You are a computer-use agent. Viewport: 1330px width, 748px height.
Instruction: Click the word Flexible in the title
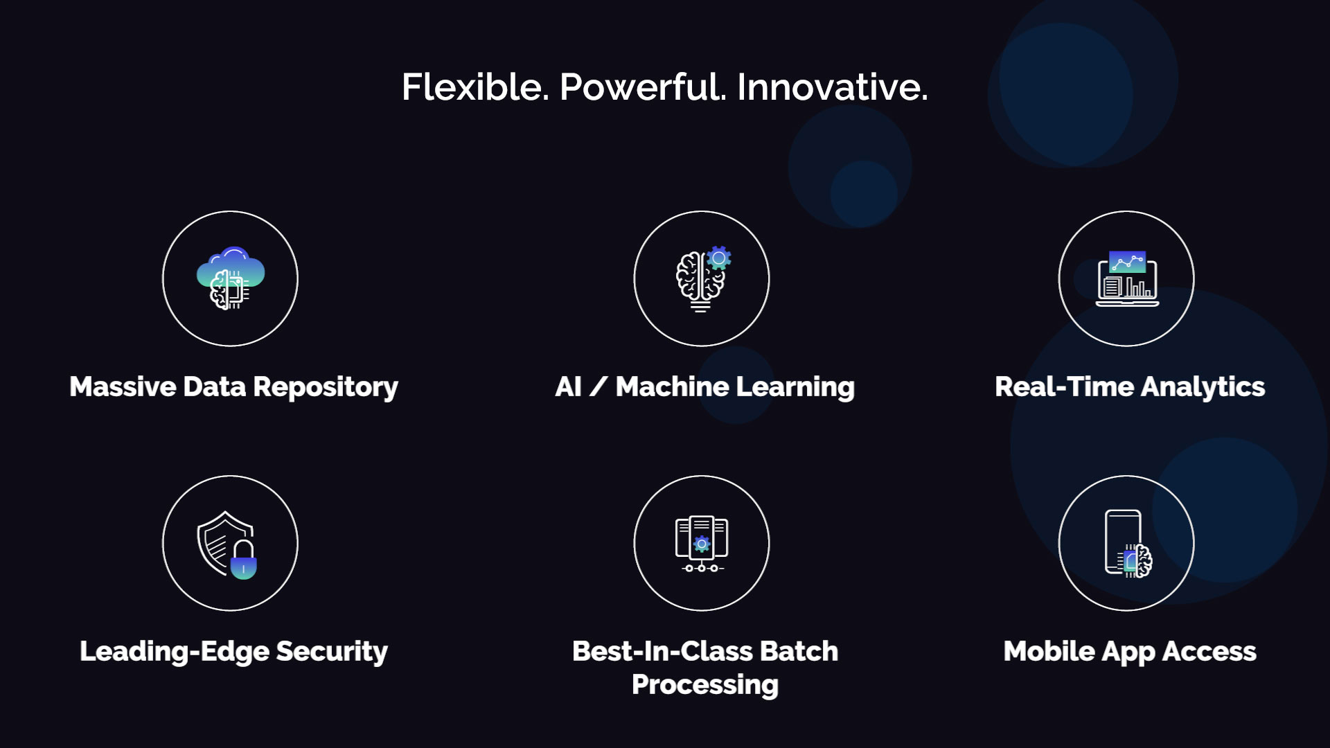(x=475, y=87)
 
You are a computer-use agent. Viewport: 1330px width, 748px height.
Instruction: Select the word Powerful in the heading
(x=642, y=87)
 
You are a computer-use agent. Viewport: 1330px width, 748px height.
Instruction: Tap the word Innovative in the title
(x=831, y=87)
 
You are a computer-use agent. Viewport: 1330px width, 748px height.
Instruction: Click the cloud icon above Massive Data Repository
(x=231, y=270)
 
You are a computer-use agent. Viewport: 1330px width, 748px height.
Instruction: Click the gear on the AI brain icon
(x=720, y=258)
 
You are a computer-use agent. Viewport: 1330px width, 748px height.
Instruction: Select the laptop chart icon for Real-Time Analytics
(x=1127, y=279)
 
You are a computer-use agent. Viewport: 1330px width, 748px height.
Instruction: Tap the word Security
(x=332, y=652)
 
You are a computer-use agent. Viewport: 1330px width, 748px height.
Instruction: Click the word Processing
(x=705, y=685)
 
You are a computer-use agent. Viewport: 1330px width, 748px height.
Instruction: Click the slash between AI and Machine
(x=598, y=386)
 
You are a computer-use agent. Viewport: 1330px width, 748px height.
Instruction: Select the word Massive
(x=123, y=386)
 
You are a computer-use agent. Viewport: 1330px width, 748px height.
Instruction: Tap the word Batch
(x=799, y=651)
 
